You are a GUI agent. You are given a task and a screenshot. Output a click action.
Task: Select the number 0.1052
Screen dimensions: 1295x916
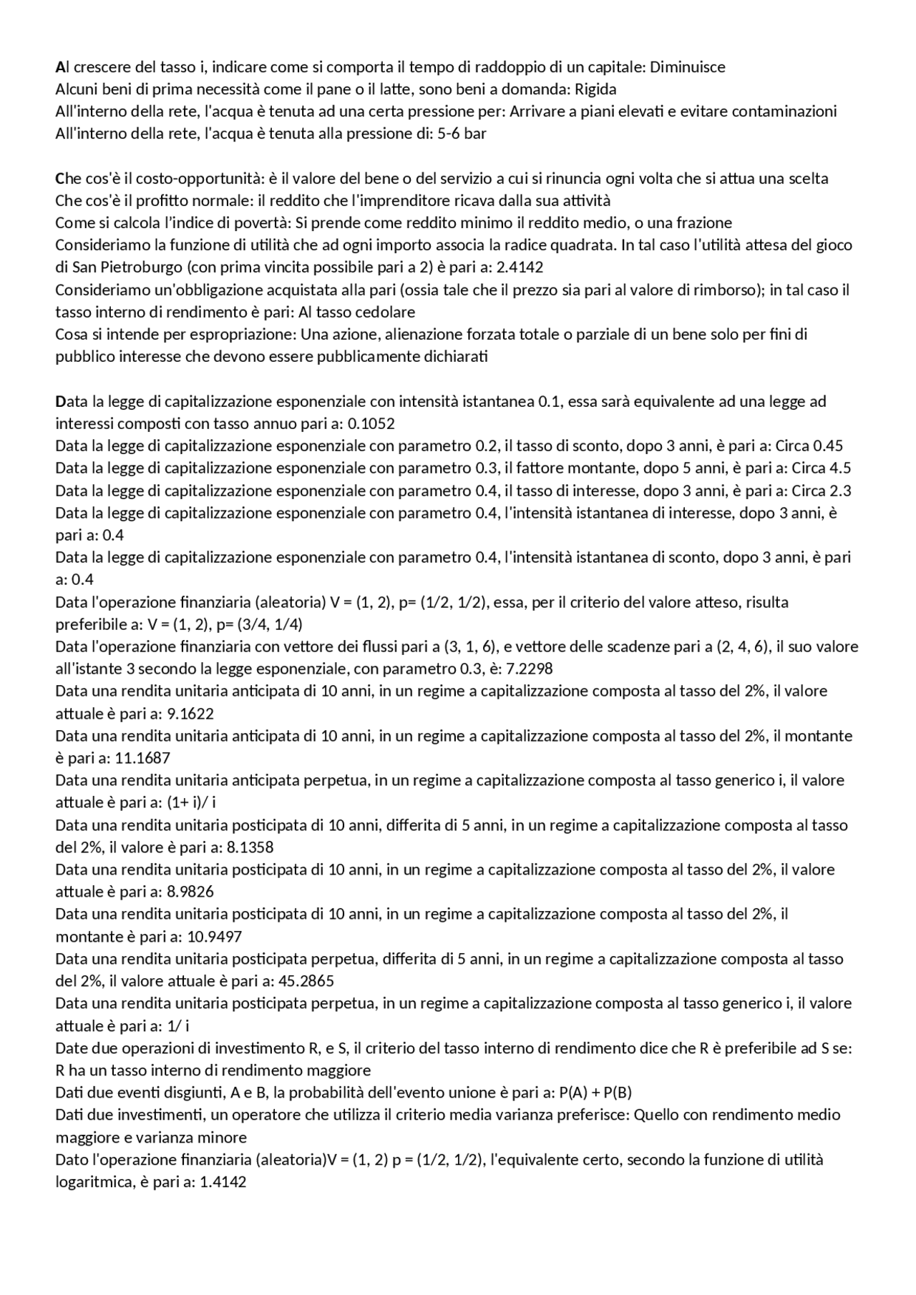coord(371,423)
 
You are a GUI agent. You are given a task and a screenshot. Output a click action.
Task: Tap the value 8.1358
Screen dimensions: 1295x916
coord(250,847)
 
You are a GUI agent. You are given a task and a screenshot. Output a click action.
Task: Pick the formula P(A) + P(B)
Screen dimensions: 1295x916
coord(595,1092)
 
